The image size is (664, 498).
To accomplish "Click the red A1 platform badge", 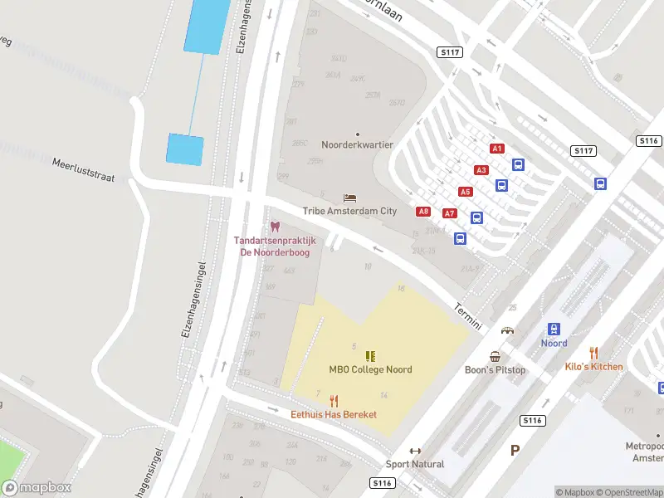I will [x=497, y=149].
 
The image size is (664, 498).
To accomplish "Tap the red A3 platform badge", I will [x=481, y=170].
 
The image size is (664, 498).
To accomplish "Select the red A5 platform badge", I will [x=466, y=192].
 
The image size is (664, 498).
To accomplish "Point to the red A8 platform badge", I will [x=423, y=212].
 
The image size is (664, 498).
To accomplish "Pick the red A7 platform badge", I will [x=450, y=213].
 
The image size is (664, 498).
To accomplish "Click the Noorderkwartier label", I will [x=358, y=144].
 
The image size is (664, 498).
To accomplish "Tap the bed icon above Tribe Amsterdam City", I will [x=349, y=198].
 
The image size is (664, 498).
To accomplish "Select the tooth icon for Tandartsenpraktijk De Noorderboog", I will [x=275, y=227].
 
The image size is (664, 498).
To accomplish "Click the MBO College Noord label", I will [x=370, y=370].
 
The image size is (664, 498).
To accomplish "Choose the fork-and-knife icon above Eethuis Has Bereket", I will [x=334, y=400].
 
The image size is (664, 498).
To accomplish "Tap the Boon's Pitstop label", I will [x=495, y=370].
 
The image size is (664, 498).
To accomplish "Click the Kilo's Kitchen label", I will [x=593, y=366].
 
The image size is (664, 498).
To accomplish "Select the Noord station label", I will [x=554, y=344].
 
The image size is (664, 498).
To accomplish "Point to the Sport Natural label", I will [x=415, y=464].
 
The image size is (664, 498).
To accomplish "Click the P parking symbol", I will [x=515, y=450].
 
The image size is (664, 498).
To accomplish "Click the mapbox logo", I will [x=37, y=488].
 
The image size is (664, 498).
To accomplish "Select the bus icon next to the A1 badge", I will [x=518, y=164].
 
